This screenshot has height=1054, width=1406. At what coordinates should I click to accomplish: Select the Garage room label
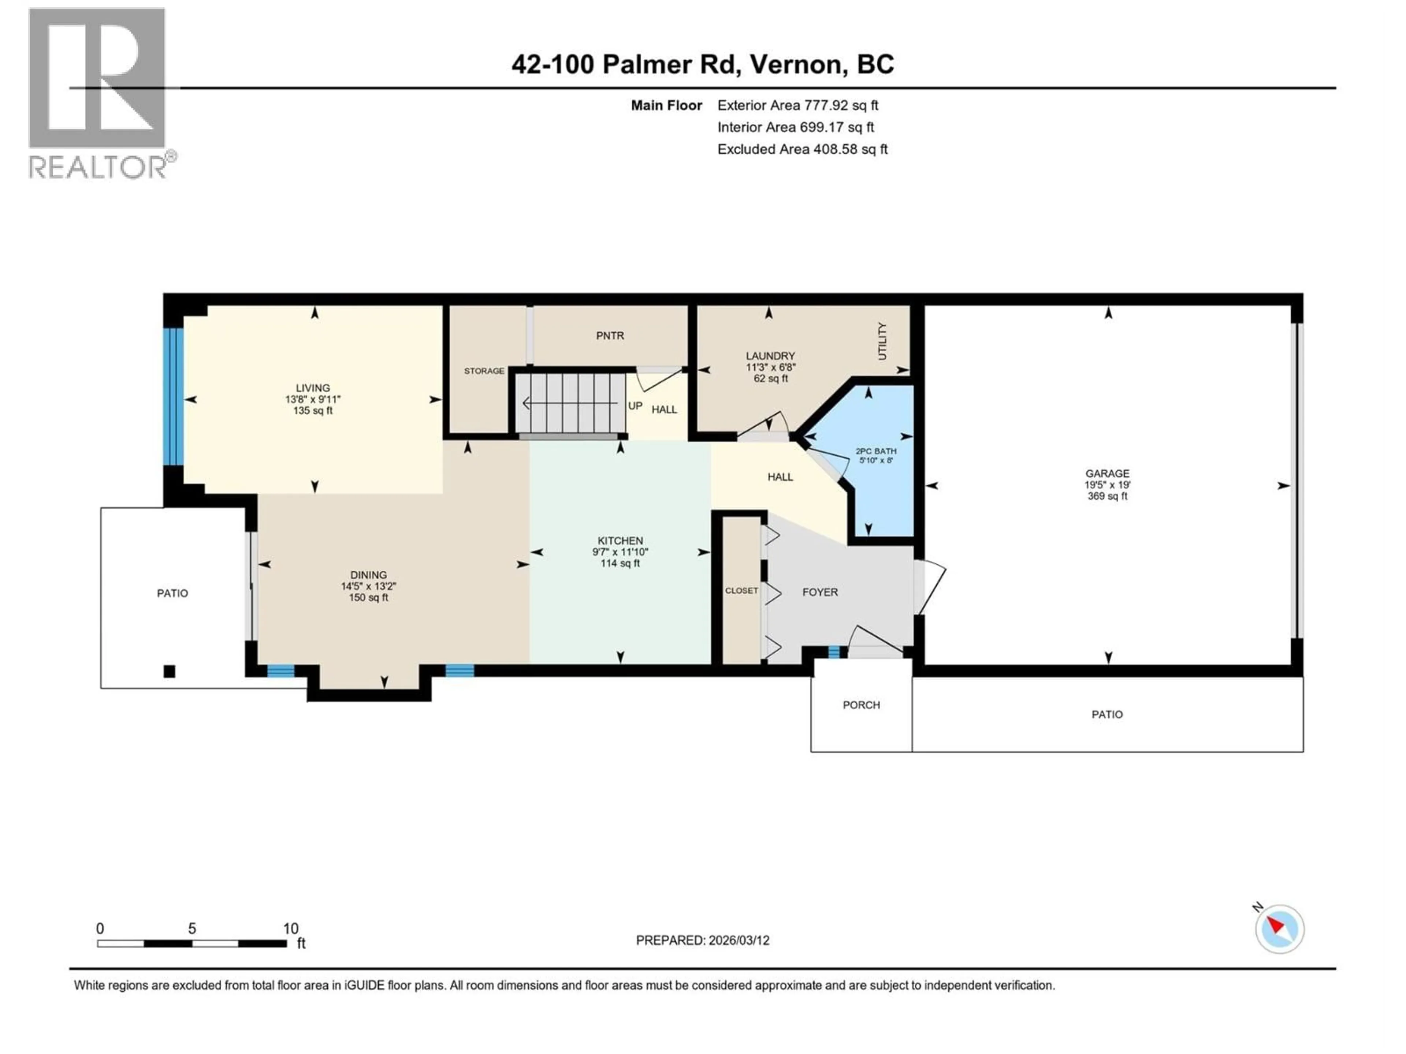pos(1107,473)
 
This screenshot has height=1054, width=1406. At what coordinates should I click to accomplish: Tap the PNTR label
pos(610,336)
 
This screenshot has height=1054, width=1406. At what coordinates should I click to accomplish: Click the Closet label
pos(741,591)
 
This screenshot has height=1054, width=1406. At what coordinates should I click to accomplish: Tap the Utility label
pos(882,341)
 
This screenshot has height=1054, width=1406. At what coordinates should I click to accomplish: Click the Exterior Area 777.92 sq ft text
pos(798,105)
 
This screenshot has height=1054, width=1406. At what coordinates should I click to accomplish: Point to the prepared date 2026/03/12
pos(702,940)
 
